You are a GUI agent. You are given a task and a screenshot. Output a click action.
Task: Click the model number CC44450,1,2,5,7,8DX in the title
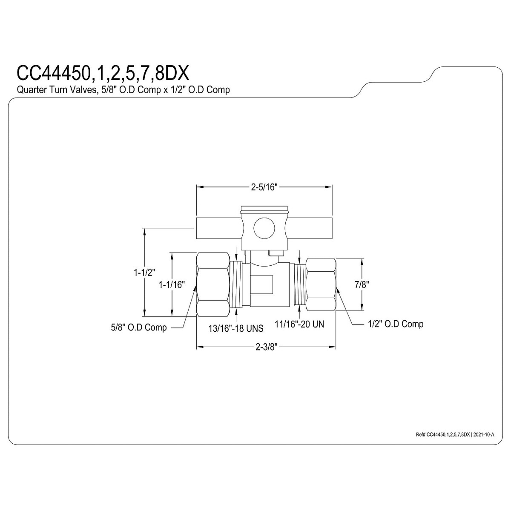(x=102, y=73)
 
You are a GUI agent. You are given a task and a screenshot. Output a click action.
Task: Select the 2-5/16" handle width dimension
(x=264, y=187)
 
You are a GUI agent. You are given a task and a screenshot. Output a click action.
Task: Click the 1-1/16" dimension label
(x=171, y=284)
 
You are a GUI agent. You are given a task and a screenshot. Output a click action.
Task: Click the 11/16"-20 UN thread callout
(x=299, y=324)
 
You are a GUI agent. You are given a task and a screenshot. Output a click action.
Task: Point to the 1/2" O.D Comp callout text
(x=396, y=324)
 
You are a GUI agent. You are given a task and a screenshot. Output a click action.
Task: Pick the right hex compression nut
(x=321, y=284)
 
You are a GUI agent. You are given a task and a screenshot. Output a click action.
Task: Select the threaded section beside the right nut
(x=300, y=284)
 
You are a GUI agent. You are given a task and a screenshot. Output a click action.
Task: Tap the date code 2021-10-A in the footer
(x=483, y=434)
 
